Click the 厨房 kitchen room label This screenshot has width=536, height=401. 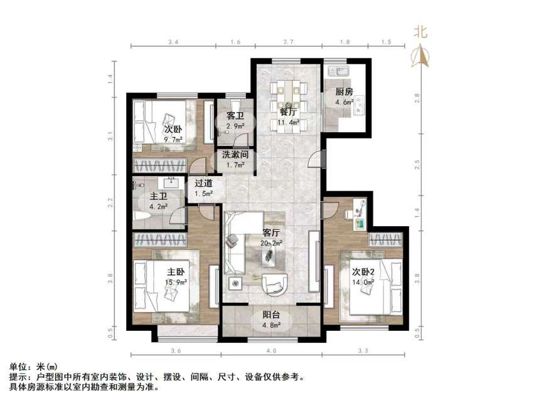[x=344, y=91]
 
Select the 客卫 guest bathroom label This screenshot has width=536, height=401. [x=235, y=117]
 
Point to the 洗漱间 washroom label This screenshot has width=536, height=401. [x=235, y=154]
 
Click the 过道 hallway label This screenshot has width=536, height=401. [x=203, y=184]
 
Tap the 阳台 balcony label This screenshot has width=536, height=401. [x=272, y=316]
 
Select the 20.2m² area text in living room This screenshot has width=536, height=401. [x=272, y=243]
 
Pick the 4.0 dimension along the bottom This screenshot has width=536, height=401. [x=271, y=351]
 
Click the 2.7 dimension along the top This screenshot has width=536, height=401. [x=288, y=42]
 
